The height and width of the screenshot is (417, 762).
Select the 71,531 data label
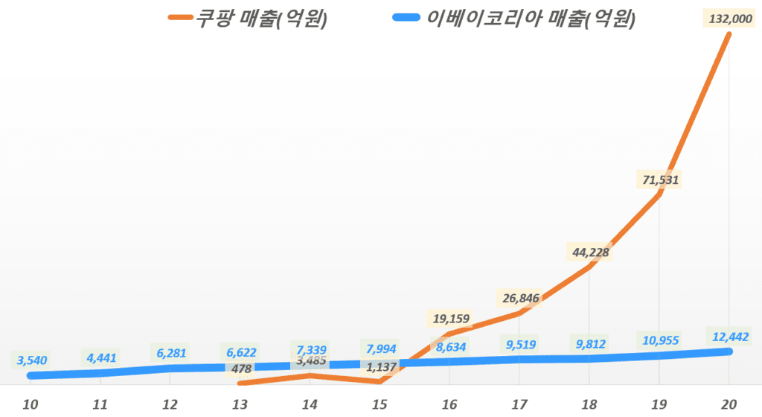(x=659, y=179)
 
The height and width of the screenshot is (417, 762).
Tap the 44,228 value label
(x=589, y=252)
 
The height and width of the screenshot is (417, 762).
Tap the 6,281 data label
(x=170, y=351)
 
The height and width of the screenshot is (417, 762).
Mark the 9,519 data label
(x=520, y=344)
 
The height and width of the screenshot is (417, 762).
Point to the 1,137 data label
(x=380, y=366)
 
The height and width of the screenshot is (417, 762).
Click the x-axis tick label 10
(x=31, y=404)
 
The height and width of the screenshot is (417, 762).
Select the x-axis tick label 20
(x=730, y=404)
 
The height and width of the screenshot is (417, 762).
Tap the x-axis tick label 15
(x=380, y=404)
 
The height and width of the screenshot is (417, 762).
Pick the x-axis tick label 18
(x=589, y=404)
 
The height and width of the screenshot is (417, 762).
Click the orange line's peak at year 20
(x=730, y=34)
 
